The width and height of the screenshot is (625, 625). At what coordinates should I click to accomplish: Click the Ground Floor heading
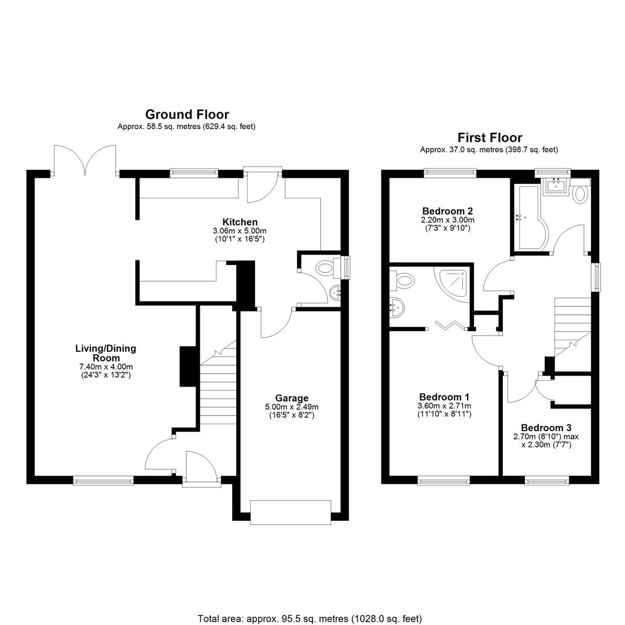point(187,115)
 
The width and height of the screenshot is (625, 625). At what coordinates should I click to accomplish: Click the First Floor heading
point(490,138)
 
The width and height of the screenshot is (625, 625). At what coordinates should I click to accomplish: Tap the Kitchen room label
point(240,222)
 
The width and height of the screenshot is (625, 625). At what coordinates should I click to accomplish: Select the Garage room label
point(292,398)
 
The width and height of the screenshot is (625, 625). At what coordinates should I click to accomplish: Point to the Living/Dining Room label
point(106,353)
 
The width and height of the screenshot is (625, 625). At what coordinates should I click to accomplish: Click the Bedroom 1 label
point(444,397)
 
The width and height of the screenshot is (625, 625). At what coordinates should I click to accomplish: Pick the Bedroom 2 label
point(447,211)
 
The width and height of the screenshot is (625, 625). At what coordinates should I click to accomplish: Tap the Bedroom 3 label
point(546,428)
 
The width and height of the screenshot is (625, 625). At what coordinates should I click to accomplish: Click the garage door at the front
point(291,512)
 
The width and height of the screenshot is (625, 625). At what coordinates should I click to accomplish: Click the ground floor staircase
point(218,383)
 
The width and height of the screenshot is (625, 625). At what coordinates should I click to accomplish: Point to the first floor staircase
point(572,328)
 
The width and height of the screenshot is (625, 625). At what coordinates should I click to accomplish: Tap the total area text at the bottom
point(310,619)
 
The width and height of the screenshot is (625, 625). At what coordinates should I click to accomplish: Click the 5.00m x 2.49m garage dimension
point(292,407)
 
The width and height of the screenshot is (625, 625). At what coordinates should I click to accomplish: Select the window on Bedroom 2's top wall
point(450,172)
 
